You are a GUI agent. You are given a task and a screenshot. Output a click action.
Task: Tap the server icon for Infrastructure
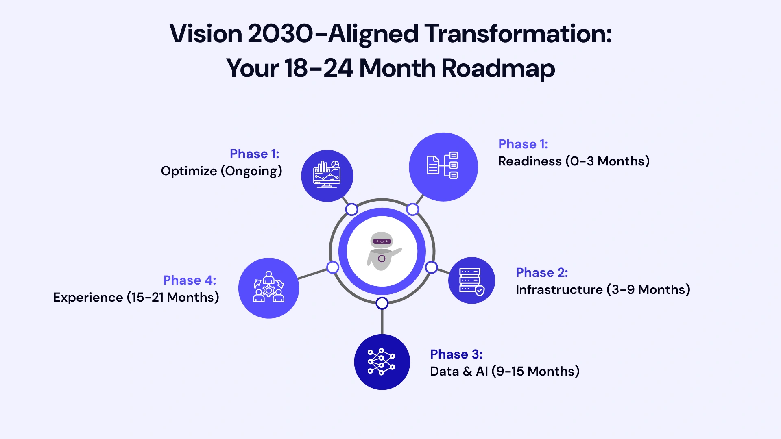[x=471, y=280]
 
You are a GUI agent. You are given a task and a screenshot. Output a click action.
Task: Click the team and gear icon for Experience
[x=268, y=288]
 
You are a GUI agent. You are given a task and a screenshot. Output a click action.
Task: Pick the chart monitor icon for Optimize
[x=327, y=175]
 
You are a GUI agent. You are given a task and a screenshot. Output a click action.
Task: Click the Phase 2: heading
[x=541, y=272]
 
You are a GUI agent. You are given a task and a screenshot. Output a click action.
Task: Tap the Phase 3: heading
[x=456, y=354]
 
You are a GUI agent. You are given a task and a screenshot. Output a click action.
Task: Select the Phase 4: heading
[x=189, y=280]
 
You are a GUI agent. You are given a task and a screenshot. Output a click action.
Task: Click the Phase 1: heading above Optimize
[x=254, y=154]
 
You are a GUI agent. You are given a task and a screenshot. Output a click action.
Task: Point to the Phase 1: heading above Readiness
[x=523, y=144]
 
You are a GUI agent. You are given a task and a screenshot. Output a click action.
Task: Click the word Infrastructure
[x=559, y=289]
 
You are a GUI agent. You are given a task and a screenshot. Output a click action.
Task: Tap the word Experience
[x=88, y=297]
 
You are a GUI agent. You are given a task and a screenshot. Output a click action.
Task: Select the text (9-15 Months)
[x=535, y=371]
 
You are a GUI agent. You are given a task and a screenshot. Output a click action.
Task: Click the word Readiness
[x=530, y=161]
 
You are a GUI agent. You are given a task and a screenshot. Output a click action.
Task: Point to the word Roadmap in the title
[x=498, y=68]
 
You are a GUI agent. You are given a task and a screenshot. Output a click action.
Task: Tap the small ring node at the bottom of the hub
[x=382, y=303]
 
